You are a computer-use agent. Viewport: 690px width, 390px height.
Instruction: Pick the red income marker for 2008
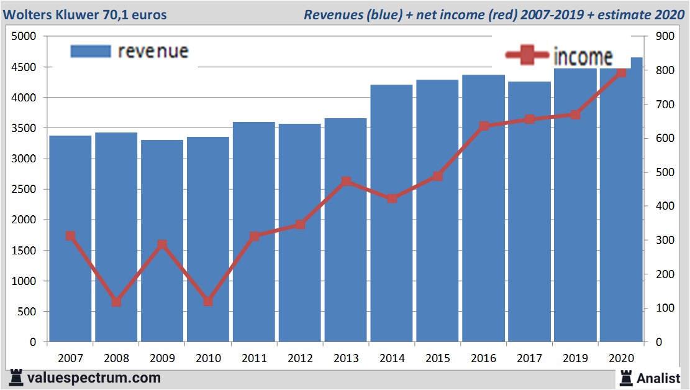[x=116, y=302]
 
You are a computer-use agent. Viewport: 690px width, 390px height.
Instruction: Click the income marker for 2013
[x=346, y=182]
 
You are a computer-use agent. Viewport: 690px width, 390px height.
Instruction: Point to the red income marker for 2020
[x=621, y=73]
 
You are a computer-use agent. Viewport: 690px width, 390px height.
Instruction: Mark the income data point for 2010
[x=208, y=301]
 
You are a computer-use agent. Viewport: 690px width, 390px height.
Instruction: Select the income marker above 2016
[x=484, y=126]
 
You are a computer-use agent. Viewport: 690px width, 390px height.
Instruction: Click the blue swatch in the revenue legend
[x=91, y=51]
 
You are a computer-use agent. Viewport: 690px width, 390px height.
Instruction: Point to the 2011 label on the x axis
[x=254, y=358]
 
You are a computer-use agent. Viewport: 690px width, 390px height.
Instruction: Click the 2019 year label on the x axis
[x=575, y=358]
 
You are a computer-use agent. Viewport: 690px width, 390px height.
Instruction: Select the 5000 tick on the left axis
[x=25, y=37]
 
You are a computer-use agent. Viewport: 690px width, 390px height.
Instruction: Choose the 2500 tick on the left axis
[x=25, y=190]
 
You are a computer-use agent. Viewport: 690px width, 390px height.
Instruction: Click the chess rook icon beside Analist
[x=625, y=378]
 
